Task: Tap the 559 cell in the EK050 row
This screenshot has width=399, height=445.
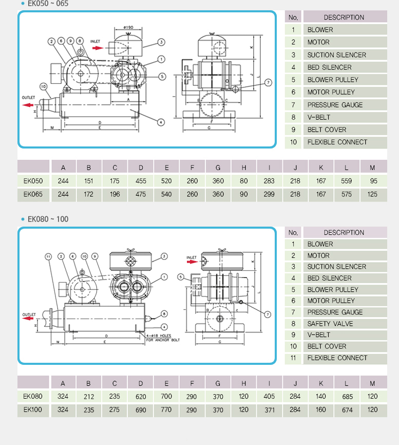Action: (x=347, y=181)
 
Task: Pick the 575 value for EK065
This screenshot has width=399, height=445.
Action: (x=347, y=194)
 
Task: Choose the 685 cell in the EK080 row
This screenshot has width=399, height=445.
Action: (x=347, y=396)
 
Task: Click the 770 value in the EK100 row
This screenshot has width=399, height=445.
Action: (x=166, y=410)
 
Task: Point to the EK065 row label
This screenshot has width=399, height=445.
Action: (x=33, y=194)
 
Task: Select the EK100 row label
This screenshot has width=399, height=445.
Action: (x=33, y=410)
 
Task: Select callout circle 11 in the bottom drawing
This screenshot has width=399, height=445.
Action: (x=48, y=256)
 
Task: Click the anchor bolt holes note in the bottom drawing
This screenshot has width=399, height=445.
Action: (x=163, y=338)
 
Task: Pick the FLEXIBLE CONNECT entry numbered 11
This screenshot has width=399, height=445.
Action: (x=337, y=358)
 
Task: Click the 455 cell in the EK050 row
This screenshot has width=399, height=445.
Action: (x=141, y=181)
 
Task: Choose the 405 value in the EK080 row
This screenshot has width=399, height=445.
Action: (x=269, y=396)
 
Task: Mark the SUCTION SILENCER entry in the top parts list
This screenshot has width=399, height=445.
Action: (x=337, y=54)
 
